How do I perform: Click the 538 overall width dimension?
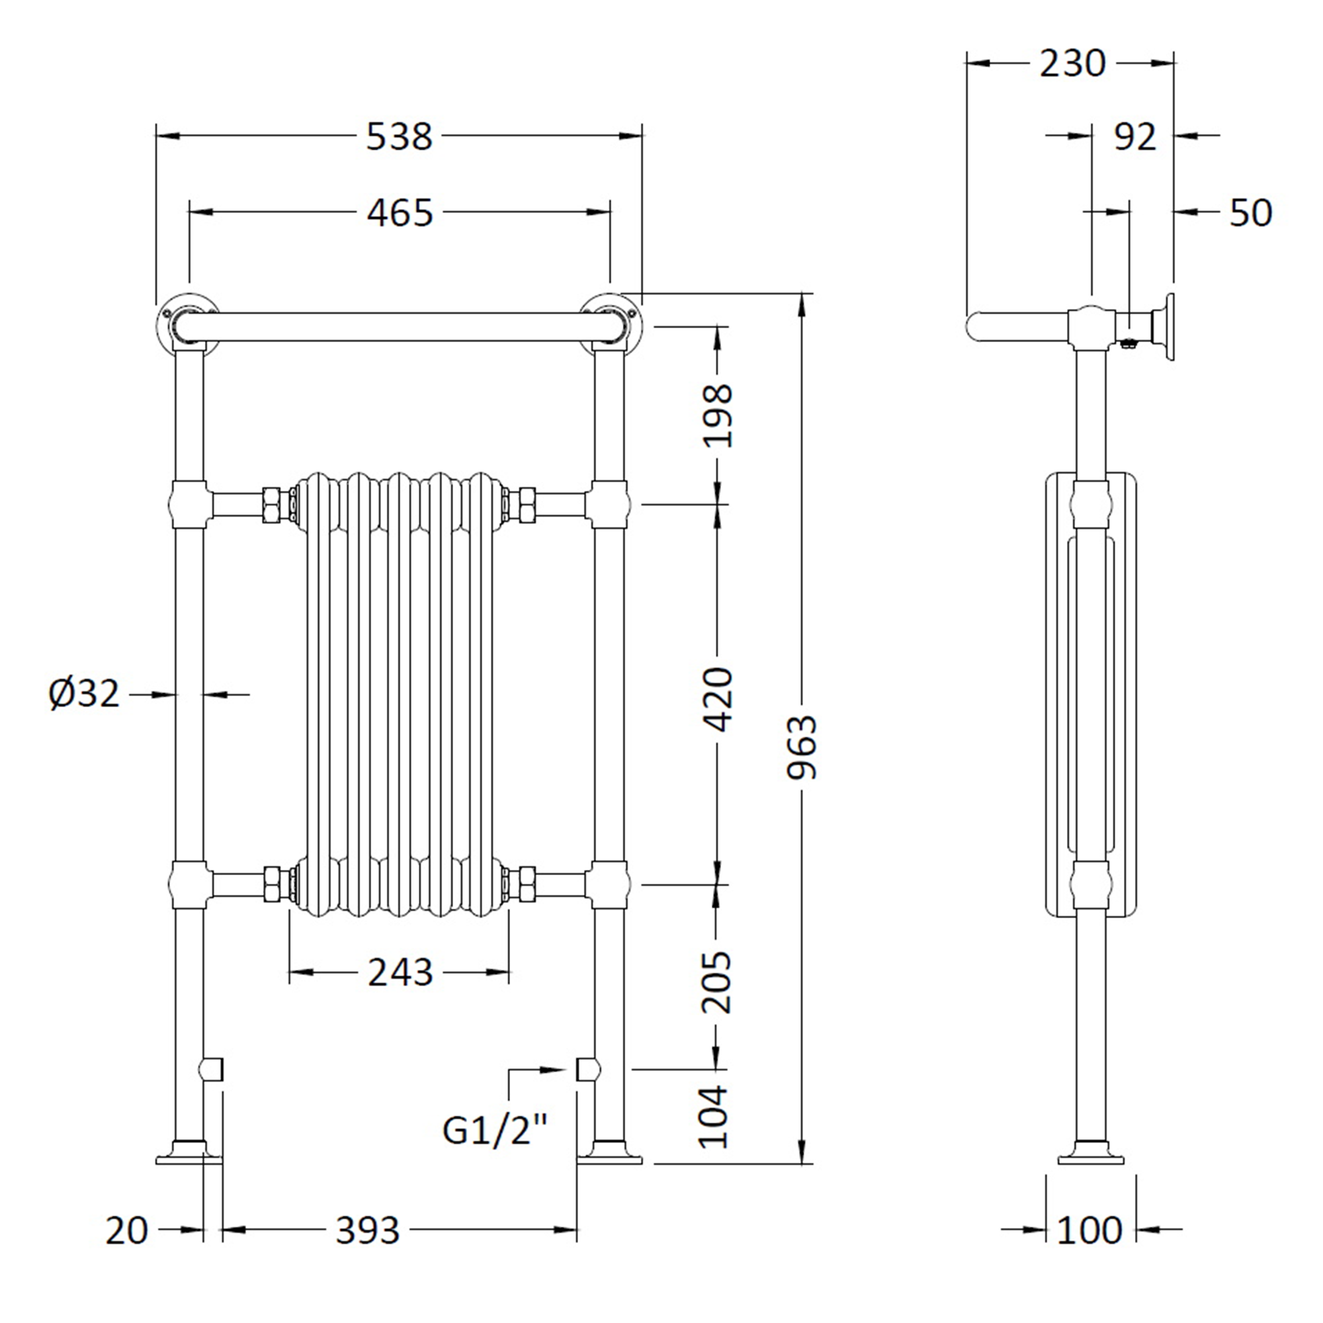400,136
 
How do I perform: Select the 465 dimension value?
400,213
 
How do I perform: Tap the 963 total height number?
801,746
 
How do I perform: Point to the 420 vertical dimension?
718,699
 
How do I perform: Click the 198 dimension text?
718,415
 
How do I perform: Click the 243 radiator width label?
400,972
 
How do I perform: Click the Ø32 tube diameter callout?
84,694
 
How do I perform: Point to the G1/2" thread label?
495,1131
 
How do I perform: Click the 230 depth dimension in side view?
1072,64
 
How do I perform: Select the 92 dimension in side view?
1134,137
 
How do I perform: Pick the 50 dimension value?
1250,213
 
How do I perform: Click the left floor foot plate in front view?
189,1159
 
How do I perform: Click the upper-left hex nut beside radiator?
272,504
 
